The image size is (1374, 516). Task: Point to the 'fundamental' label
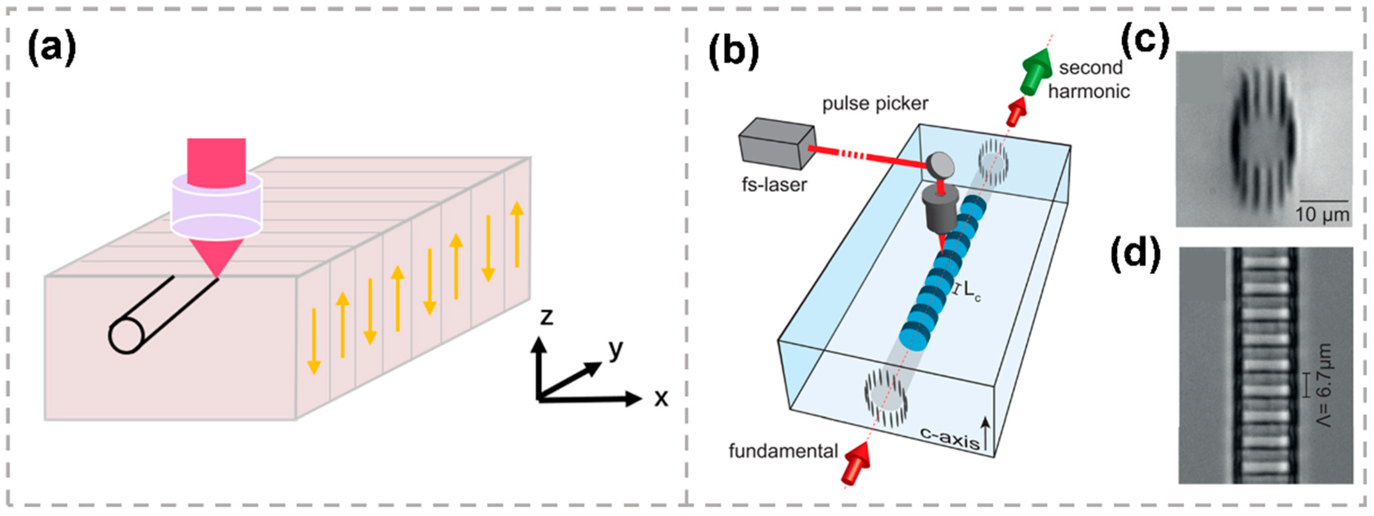pos(784,451)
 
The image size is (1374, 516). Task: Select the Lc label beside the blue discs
pos(972,294)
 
